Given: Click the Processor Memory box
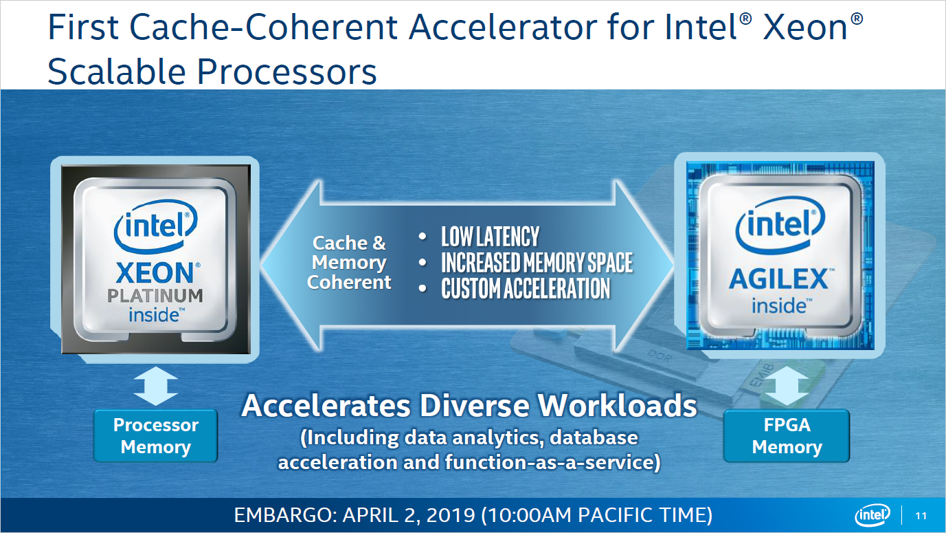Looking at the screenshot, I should [155, 436].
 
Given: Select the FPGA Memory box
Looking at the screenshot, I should [787, 436].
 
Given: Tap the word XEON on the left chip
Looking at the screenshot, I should [155, 273].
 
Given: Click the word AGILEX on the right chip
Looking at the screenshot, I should [778, 279].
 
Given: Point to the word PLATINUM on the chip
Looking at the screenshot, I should [155, 296].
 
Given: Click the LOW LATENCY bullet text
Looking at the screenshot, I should [490, 237].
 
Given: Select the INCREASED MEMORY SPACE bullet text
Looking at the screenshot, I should [537, 263].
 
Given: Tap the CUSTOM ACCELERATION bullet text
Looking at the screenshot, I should [526, 288].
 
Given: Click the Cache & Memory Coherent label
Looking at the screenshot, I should [349, 262].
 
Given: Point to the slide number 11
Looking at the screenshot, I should [921, 516].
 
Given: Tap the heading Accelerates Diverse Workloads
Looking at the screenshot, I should [469, 406].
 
